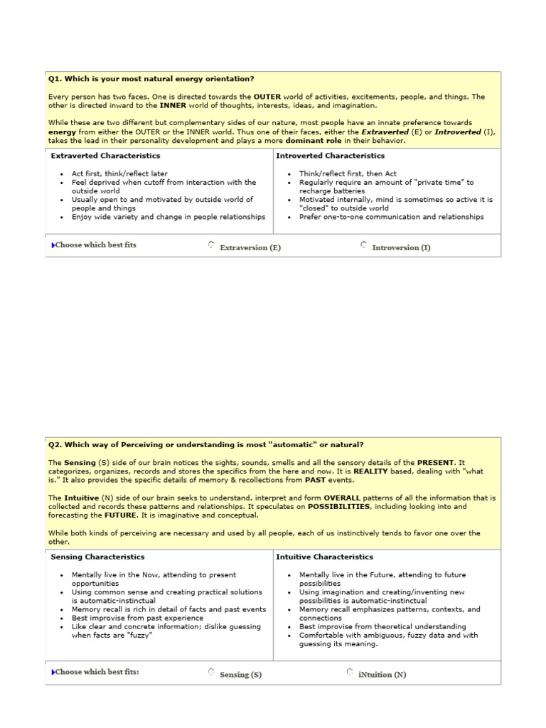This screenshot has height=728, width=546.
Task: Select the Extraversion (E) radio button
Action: [x=211, y=245]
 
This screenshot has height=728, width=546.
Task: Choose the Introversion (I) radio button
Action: [x=363, y=245]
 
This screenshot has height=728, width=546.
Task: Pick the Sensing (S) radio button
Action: [x=211, y=671]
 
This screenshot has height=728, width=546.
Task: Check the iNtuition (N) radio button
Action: [x=350, y=671]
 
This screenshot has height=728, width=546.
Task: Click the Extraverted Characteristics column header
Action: [x=105, y=156]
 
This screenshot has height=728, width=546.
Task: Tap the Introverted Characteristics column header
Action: [x=330, y=156]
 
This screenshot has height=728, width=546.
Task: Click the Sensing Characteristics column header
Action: [x=97, y=557]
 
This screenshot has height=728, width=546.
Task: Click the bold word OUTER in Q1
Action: [x=267, y=97]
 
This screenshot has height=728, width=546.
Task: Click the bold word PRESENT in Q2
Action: [x=434, y=463]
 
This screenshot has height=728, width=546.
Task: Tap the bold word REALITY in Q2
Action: [x=370, y=471]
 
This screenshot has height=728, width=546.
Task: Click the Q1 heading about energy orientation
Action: [x=151, y=79]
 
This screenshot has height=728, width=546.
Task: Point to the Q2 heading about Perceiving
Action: [x=205, y=445]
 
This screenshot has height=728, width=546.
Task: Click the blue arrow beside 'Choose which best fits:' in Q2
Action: [x=52, y=672]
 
